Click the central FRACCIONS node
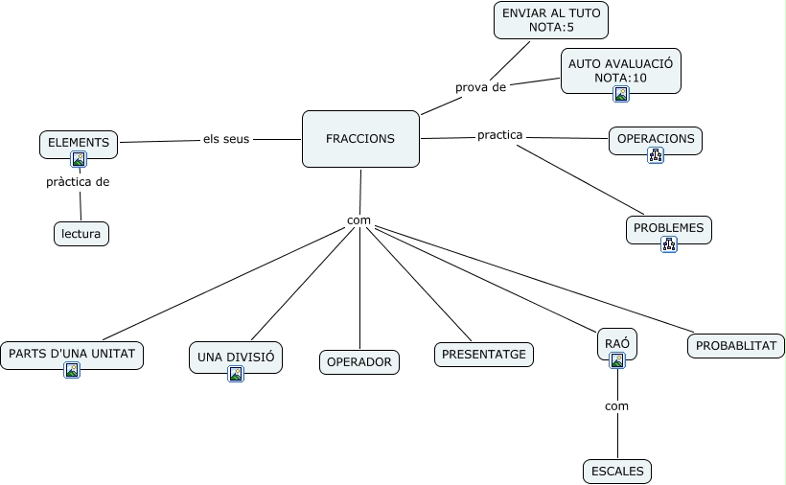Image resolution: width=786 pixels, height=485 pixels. (360, 139)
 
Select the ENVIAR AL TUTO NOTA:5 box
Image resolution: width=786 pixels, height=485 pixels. (551, 20)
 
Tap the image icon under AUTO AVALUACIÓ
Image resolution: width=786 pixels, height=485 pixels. (621, 94)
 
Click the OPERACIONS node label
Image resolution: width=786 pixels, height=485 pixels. (656, 139)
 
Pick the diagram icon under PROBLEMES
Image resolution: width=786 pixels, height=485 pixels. (669, 244)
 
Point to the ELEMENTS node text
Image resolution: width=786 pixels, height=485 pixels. (79, 142)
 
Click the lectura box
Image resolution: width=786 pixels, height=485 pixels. (81, 233)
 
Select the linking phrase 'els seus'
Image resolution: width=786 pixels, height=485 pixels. (226, 139)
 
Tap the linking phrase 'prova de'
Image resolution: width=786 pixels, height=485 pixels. (480, 87)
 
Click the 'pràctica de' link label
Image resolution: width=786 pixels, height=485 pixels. (78, 181)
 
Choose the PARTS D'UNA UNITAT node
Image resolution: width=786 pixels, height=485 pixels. (72, 354)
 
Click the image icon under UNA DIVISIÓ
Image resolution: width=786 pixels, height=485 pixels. (236, 374)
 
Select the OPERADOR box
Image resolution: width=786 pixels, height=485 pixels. (359, 362)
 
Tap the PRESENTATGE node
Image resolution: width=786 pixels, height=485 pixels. (484, 354)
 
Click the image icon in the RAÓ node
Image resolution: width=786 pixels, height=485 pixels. (617, 360)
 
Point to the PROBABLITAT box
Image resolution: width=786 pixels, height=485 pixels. (736, 345)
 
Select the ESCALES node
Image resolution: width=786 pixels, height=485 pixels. (617, 471)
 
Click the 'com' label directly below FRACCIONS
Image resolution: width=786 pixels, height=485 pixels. (358, 220)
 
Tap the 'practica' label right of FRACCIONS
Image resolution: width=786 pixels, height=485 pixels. (499, 135)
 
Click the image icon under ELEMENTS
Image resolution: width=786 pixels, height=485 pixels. (79, 159)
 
